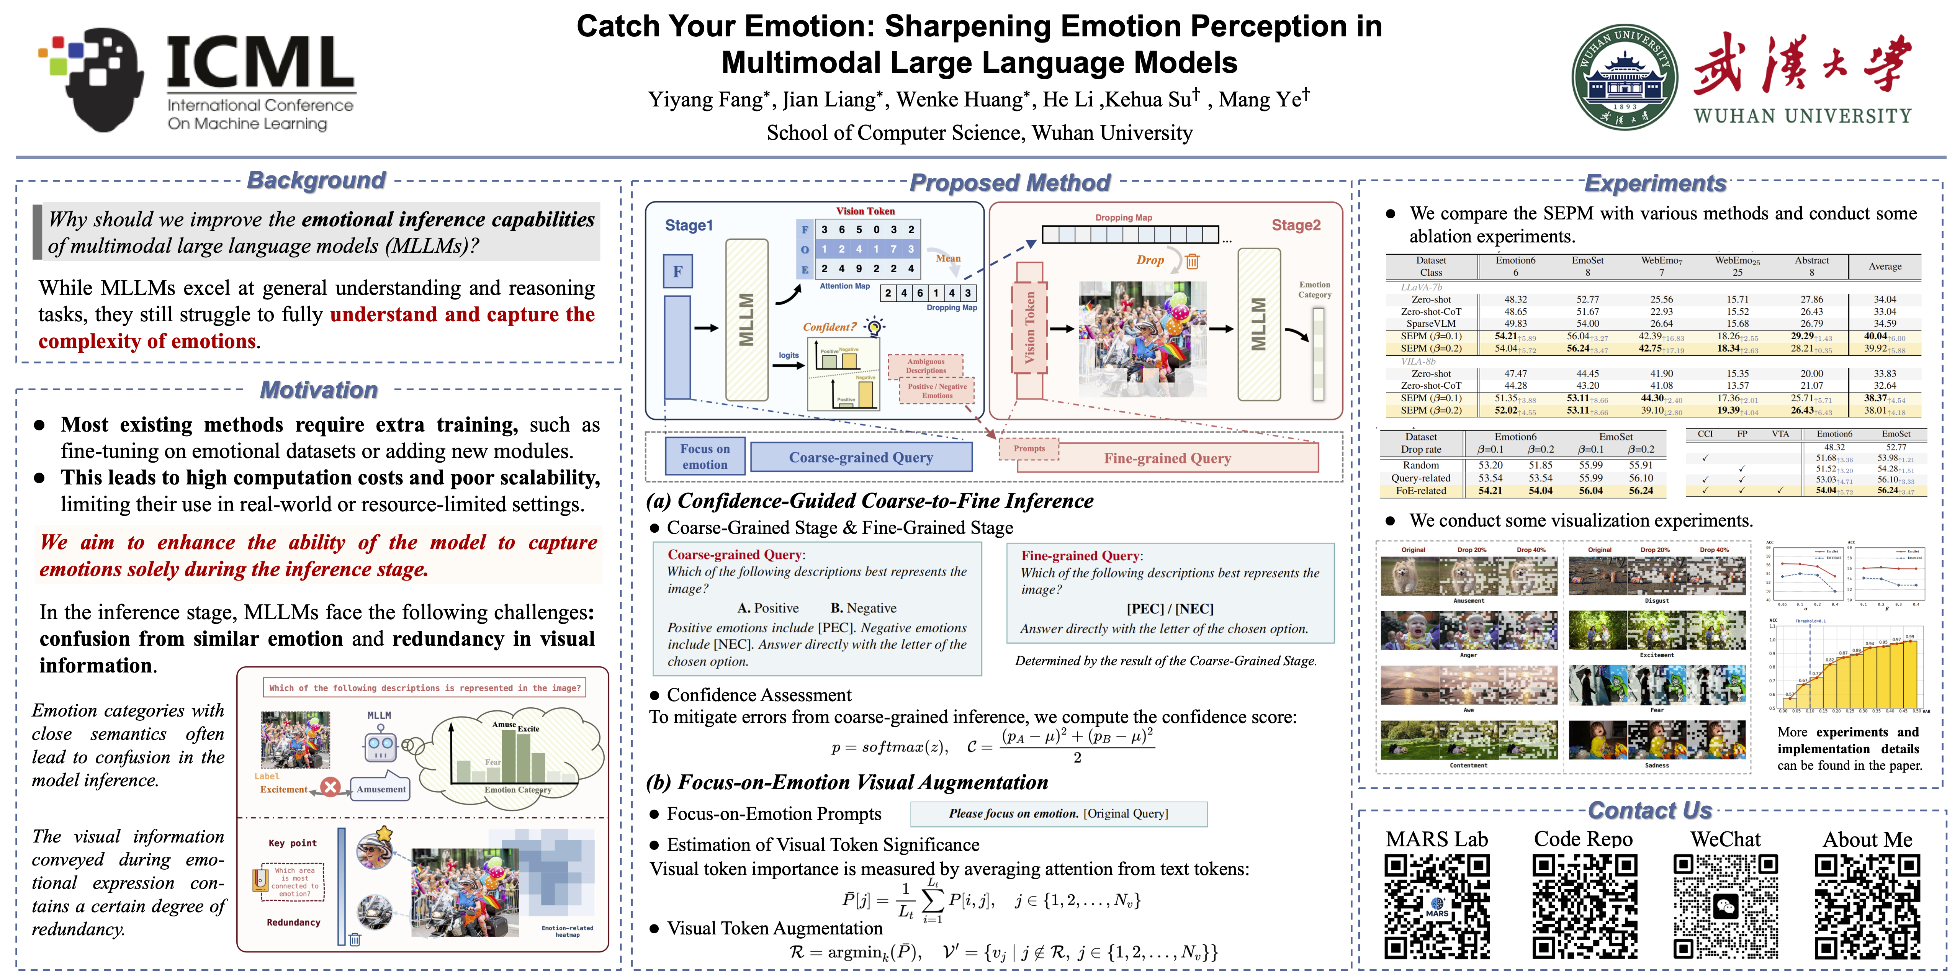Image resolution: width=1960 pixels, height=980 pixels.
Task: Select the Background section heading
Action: tap(317, 180)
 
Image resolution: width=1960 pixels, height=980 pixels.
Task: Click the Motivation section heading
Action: tap(319, 389)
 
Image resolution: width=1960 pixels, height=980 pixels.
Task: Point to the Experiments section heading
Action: tap(1655, 183)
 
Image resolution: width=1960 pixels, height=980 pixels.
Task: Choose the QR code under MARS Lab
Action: tap(1436, 905)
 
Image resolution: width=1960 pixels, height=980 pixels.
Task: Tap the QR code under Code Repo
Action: tap(1584, 905)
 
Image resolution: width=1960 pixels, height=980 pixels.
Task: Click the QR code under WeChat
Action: tap(1726, 905)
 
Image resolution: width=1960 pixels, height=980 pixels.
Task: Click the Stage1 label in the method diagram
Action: tap(689, 225)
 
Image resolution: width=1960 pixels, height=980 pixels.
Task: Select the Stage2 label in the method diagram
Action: tap(1296, 225)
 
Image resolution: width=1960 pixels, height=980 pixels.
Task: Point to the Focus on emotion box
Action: tap(705, 456)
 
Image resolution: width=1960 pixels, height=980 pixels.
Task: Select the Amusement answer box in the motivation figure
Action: tap(380, 789)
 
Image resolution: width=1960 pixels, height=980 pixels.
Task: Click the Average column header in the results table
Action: tap(1885, 266)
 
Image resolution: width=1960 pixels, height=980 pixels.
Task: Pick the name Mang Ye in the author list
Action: tap(1263, 100)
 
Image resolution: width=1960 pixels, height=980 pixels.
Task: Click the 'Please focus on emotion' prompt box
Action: tap(1059, 813)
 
